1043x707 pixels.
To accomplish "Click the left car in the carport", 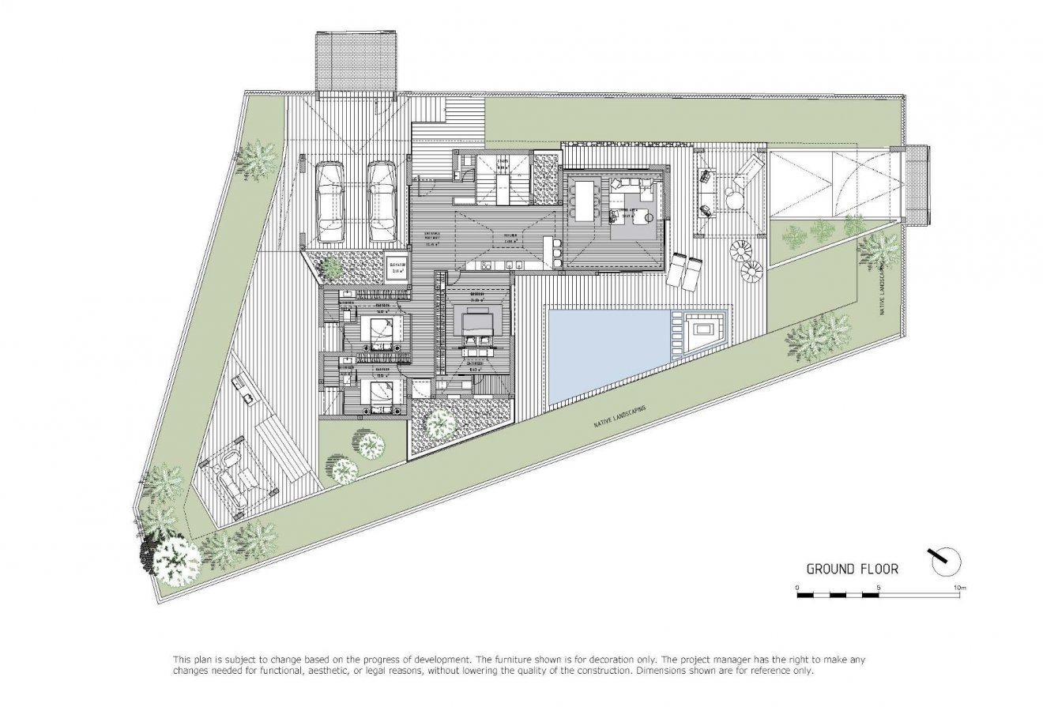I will (329, 202).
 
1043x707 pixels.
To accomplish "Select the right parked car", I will (382, 202).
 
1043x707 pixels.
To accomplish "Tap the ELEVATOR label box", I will (394, 268).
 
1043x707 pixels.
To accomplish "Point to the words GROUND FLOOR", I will (852, 569).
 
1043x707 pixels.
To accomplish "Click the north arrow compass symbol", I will (946, 561).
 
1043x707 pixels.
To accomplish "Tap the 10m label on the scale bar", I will (960, 588).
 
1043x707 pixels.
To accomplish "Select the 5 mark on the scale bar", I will (879, 588).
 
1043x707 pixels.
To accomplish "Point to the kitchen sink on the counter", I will (511, 265).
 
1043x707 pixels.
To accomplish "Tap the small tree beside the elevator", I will (333, 269).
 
